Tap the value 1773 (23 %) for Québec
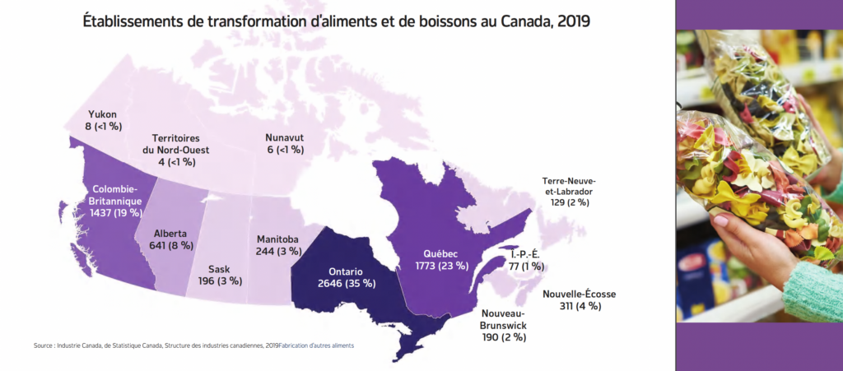pyautogui.click(x=441, y=266)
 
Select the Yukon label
pyautogui.click(x=102, y=114)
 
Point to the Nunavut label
pyautogui.click(x=284, y=137)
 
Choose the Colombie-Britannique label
pyautogui.click(x=114, y=194)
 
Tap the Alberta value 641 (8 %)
pyautogui.click(x=170, y=244)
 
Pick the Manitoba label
pyautogui.click(x=277, y=239)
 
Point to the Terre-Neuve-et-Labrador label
pyautogui.click(x=569, y=186)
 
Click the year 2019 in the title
pyautogui.click(x=572, y=21)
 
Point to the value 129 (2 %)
pyautogui.click(x=569, y=202)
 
